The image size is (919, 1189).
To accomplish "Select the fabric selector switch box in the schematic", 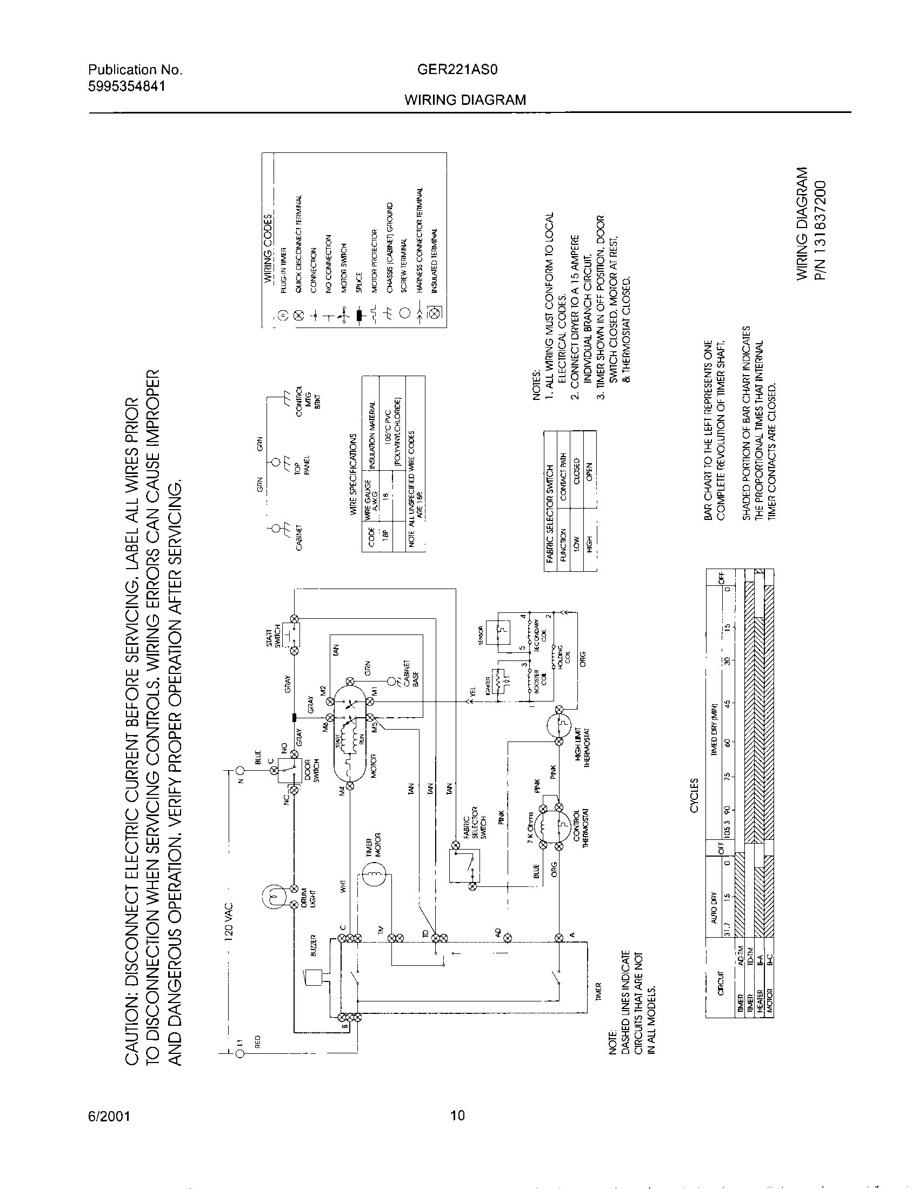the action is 462,866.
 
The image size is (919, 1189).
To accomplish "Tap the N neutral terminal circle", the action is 240,770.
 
